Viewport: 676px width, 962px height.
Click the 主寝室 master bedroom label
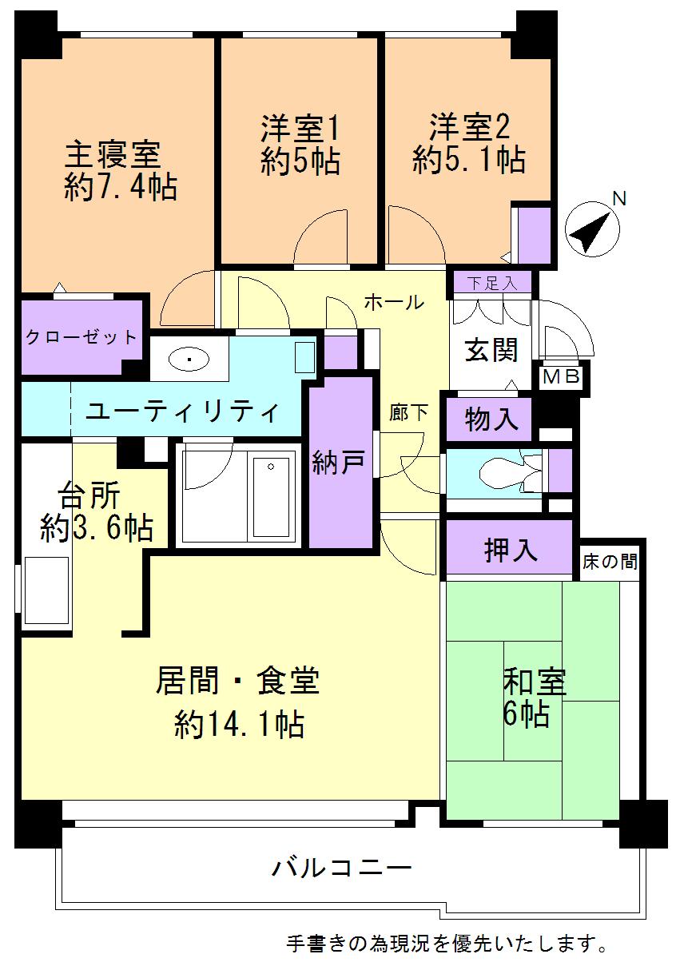112,151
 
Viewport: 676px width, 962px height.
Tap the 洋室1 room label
300,128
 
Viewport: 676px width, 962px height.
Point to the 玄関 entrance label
491,349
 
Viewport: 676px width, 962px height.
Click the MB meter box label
562,378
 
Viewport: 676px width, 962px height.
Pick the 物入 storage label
487,419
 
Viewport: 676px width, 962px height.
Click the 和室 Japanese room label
534,683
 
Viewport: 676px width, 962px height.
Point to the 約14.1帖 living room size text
238,724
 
